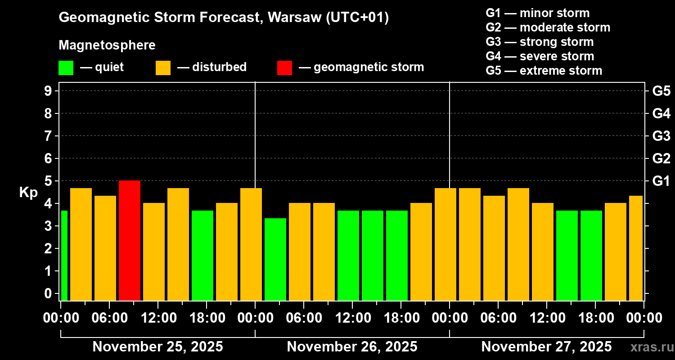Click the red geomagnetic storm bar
point(130,240)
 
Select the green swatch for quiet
point(66,67)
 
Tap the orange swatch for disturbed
point(163,67)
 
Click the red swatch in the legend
point(284,67)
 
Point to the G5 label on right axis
point(661,91)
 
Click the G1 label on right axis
point(661,181)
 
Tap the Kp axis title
point(28,193)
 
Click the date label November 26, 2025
point(352,347)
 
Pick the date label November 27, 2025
point(546,347)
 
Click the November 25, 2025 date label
point(157,347)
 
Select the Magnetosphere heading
point(107,45)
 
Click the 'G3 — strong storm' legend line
point(540,42)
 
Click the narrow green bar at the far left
point(64,255)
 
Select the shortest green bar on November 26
point(275,259)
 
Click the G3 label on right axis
point(661,136)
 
